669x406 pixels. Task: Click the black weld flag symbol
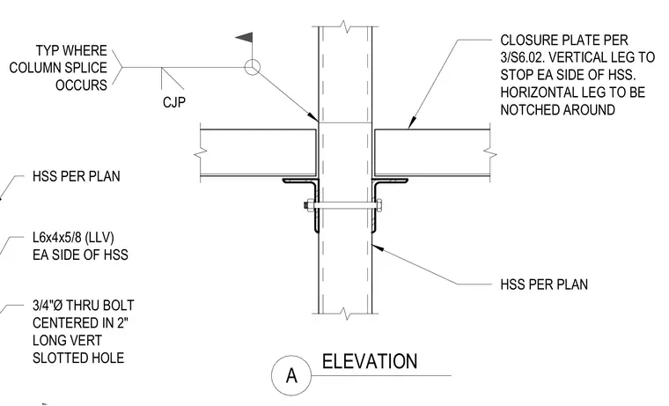(x=245, y=38)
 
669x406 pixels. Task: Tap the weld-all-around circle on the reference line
(x=252, y=67)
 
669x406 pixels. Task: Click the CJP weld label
(x=174, y=102)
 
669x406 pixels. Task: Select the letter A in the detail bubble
(x=291, y=376)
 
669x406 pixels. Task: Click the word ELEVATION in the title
(x=370, y=362)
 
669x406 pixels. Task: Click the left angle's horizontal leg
(x=299, y=181)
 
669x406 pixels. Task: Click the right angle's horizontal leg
(x=390, y=181)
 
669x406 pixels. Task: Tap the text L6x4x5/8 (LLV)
(x=73, y=237)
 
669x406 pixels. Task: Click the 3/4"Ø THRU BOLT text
(x=84, y=306)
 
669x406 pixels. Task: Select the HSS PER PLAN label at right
(x=544, y=284)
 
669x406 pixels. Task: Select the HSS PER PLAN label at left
(x=77, y=176)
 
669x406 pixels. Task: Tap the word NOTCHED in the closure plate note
(x=530, y=110)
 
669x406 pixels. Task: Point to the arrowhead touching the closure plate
(x=411, y=123)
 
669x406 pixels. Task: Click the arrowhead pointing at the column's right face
(x=378, y=247)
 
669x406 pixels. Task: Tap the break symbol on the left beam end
(x=201, y=152)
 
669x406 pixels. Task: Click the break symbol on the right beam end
(x=490, y=152)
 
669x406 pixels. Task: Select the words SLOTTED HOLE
(x=78, y=358)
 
